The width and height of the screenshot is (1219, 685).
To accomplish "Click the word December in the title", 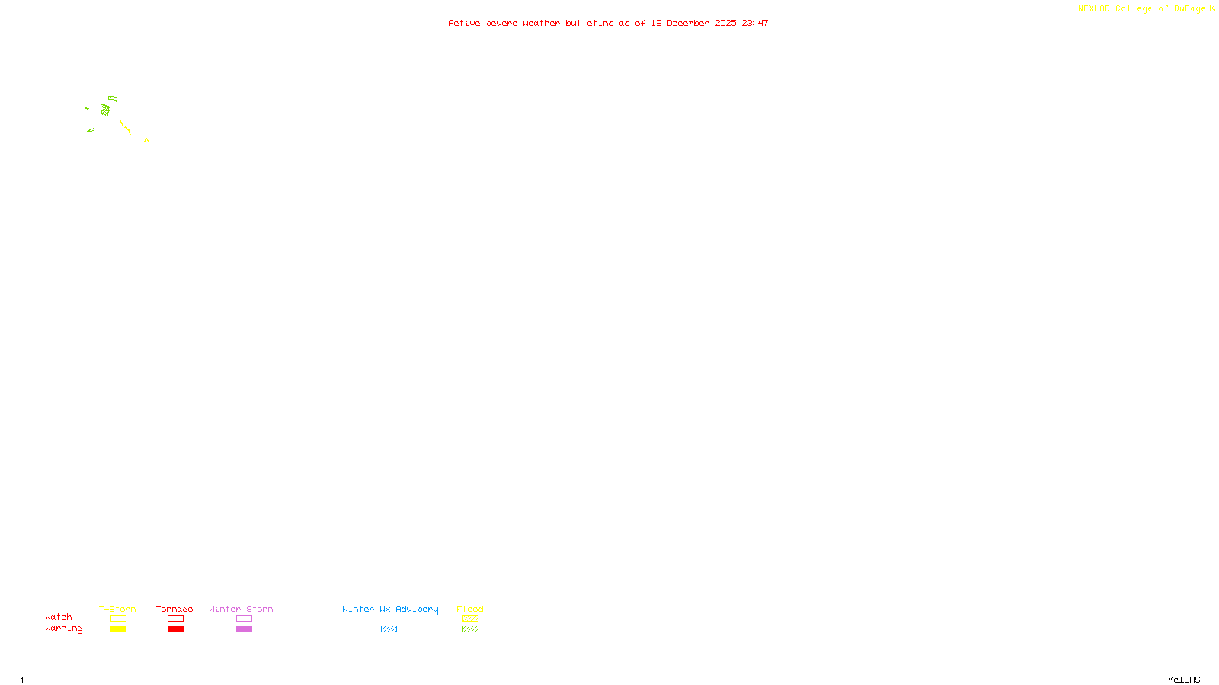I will tap(688, 24).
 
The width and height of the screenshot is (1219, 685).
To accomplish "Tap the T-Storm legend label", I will tap(117, 609).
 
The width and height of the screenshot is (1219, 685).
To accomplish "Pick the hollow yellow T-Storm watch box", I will tap(118, 619).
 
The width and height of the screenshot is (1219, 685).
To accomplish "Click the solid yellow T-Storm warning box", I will tap(118, 629).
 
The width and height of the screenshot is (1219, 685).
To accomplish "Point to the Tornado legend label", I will tap(174, 609).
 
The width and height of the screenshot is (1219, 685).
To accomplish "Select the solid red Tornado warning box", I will tap(175, 629).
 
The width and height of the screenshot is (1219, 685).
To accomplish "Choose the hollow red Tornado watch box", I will tap(175, 619).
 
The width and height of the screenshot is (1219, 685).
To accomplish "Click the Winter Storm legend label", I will tap(241, 609).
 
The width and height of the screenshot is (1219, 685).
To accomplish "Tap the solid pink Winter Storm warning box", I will tap(244, 629).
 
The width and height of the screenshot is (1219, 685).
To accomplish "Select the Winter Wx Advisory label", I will tap(390, 609).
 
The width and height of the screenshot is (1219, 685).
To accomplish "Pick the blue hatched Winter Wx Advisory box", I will tap(389, 629).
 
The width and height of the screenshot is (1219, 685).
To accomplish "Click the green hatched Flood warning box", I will tap(470, 629).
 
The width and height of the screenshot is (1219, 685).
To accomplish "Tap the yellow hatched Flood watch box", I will tap(470, 619).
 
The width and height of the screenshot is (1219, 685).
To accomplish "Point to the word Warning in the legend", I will tap(63, 629).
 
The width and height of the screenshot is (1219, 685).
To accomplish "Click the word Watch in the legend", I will tap(59, 616).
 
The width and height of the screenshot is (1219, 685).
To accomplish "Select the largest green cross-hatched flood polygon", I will tap(105, 110).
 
